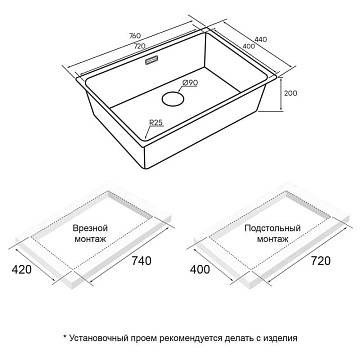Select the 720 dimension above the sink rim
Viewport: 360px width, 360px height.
tap(139, 46)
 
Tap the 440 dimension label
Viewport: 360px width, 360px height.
tap(261, 39)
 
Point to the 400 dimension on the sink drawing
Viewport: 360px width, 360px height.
tap(249, 46)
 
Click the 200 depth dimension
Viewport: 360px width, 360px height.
tap(290, 93)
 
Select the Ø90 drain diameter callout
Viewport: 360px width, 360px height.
tap(190, 83)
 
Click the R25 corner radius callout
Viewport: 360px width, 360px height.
tap(156, 123)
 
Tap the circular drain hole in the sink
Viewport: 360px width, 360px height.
tap(173, 99)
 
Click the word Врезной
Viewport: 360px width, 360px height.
tap(90, 228)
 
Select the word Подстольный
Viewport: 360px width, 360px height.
tap(272, 228)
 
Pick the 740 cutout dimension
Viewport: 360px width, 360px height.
tap(141, 261)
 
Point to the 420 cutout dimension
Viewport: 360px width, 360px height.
tap(22, 269)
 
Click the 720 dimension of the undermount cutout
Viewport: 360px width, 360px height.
tap(320, 261)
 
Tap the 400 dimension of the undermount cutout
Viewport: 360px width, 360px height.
tap(200, 269)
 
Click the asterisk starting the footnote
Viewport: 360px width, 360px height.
tap(65, 337)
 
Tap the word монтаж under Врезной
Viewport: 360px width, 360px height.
tap(90, 239)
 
